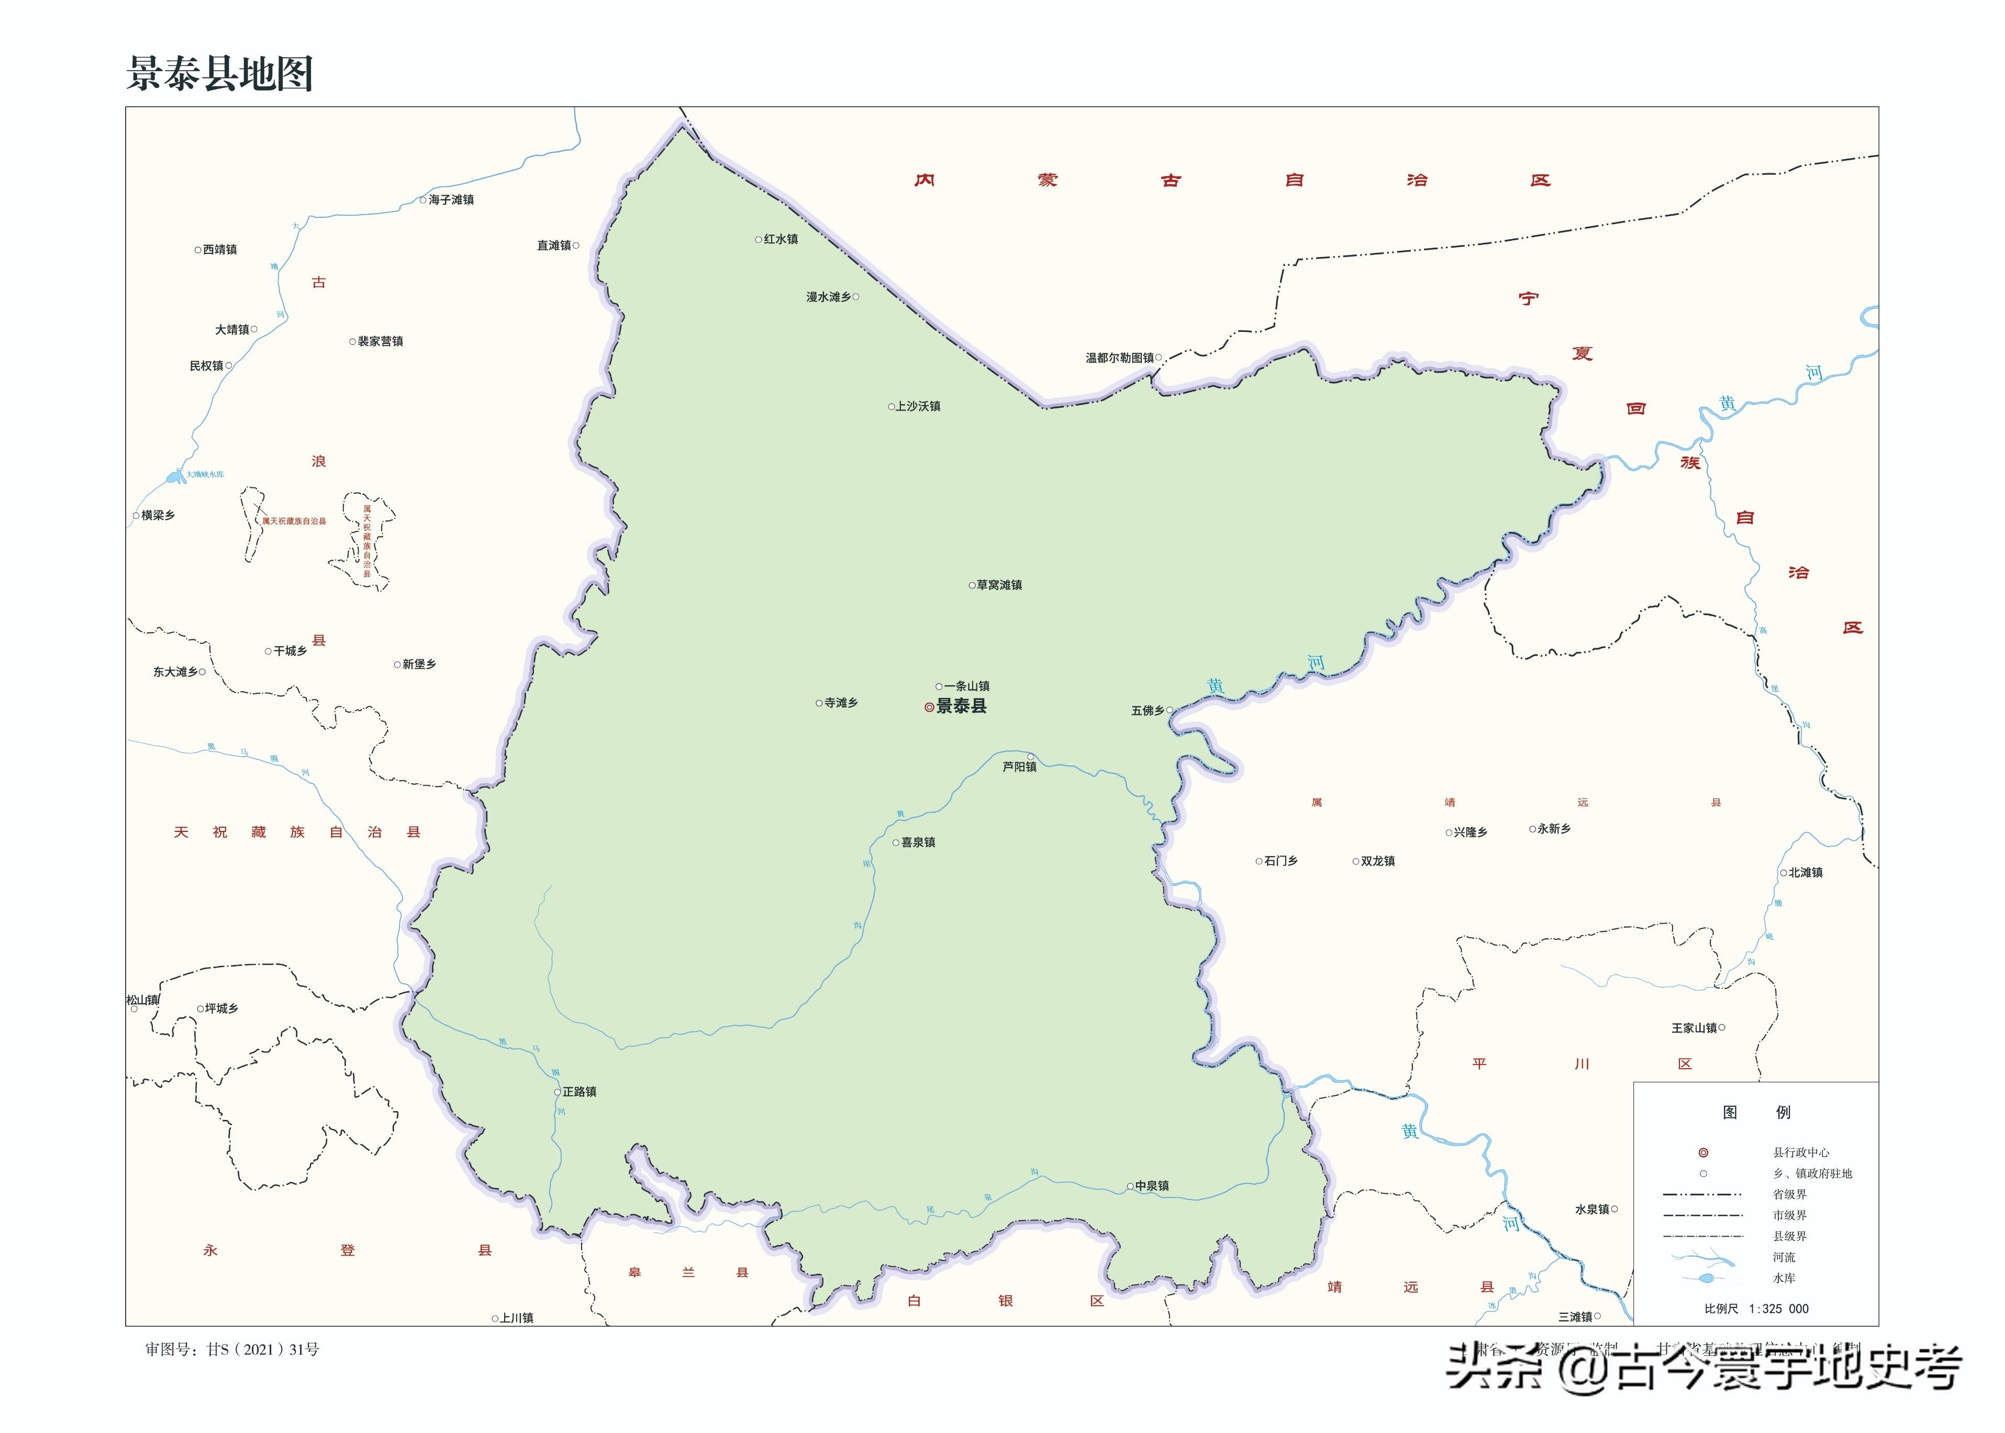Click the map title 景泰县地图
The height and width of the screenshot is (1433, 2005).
pos(220,73)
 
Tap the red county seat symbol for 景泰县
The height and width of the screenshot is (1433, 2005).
pos(929,707)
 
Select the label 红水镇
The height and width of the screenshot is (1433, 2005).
pos(781,239)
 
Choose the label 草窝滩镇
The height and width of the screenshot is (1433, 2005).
pos(999,585)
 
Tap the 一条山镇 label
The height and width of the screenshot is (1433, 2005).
pos(967,686)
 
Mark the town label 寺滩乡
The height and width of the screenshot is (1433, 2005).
pos(841,703)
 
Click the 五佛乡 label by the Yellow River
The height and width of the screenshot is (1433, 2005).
pos(1148,710)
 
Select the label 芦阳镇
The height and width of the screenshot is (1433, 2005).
pos(1020,767)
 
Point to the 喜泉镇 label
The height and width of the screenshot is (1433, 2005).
pos(918,843)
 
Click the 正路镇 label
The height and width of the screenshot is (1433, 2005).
pos(580,1092)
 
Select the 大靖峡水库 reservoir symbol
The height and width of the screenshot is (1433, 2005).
pos(175,477)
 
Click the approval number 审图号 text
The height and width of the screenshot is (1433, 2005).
pos(232,1349)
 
